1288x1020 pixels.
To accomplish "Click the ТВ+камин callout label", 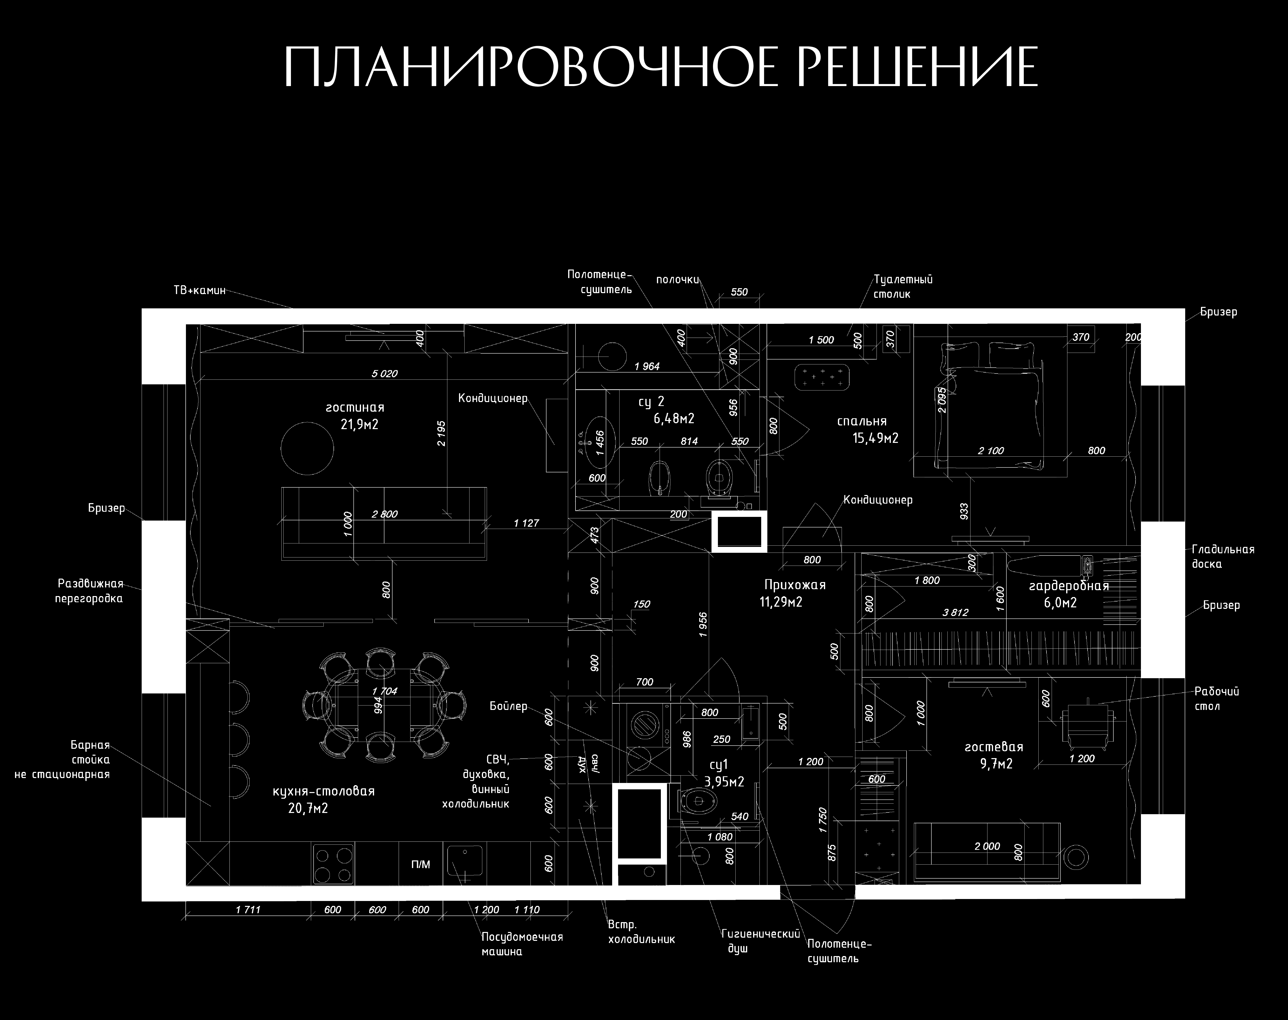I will (x=199, y=291).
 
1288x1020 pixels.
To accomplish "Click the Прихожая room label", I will (x=795, y=585).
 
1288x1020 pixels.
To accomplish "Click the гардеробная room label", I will (x=1069, y=586).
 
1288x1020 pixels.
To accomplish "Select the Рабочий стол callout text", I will (x=1216, y=699).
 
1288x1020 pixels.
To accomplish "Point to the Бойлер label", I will (x=508, y=706).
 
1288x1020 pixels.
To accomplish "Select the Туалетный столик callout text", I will (x=903, y=287).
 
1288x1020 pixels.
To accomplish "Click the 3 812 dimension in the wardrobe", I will (x=955, y=612).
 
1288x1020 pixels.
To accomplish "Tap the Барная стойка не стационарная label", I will (x=63, y=760).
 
